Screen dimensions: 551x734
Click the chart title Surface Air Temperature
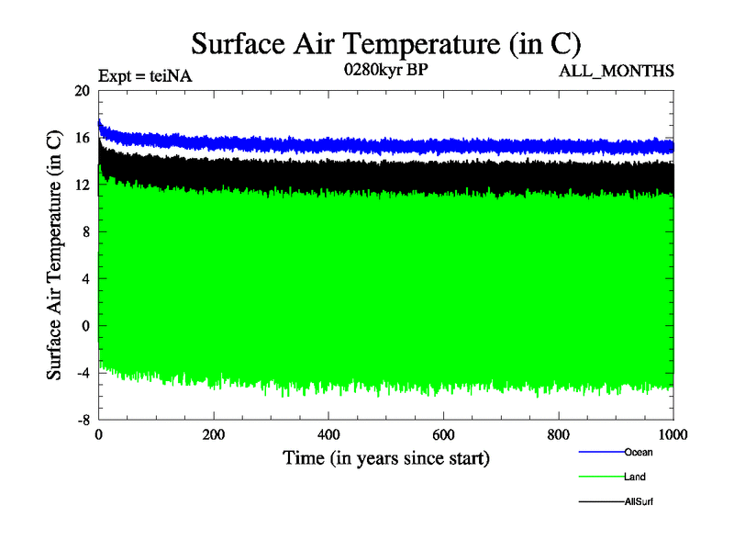(385, 42)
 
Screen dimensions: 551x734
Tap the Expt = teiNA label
(144, 77)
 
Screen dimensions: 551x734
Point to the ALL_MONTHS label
(617, 71)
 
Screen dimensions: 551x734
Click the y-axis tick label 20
(82, 91)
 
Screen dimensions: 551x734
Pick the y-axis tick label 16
(82, 138)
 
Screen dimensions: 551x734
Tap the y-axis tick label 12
(82, 186)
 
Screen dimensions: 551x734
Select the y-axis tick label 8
(85, 232)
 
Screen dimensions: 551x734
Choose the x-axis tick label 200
(213, 435)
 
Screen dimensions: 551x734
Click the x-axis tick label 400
(328, 435)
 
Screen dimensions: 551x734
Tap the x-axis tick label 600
(443, 435)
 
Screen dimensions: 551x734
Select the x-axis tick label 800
(558, 435)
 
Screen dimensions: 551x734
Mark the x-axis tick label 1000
(673, 435)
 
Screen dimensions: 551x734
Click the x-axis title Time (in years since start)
(385, 457)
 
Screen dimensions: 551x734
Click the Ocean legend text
(639, 452)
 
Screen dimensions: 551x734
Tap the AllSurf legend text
(639, 501)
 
